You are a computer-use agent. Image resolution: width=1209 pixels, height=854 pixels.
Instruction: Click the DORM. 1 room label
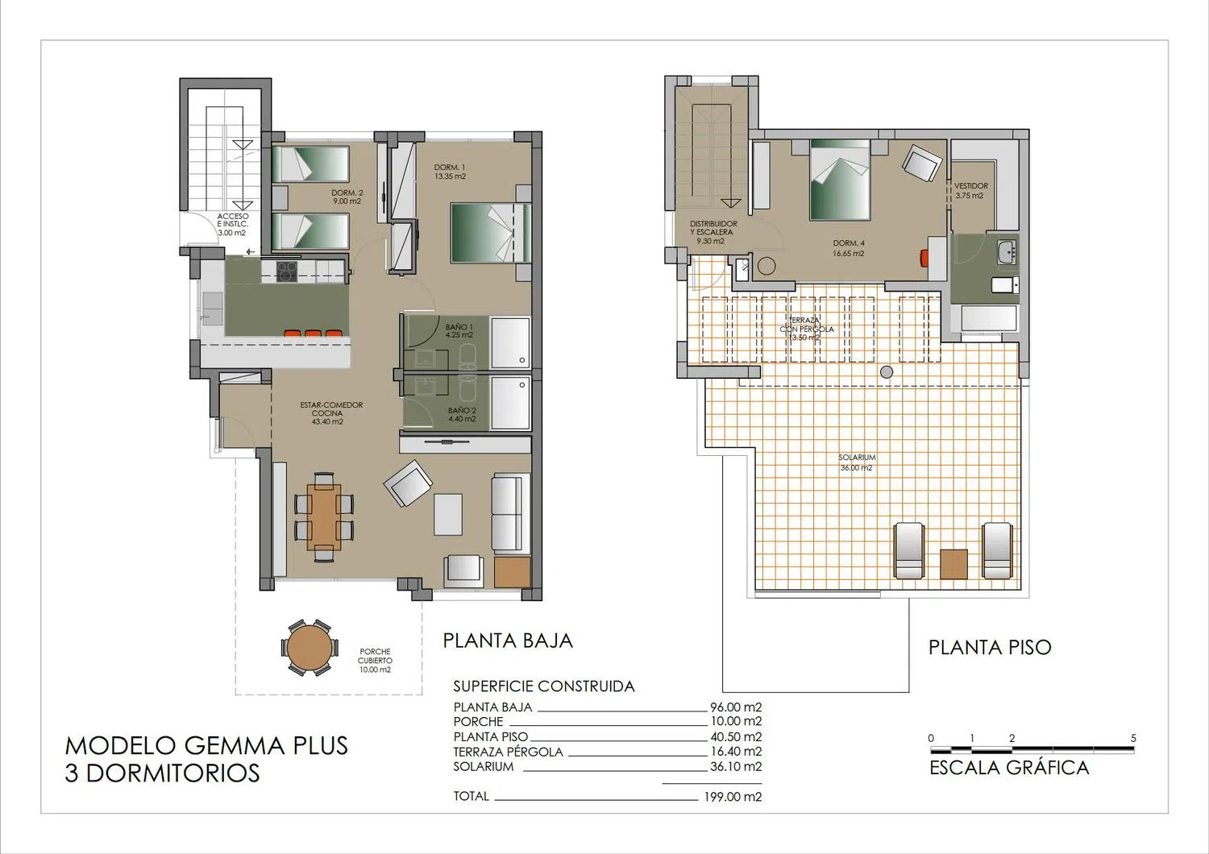point(450,172)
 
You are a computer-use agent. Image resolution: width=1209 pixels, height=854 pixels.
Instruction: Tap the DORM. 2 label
point(347,197)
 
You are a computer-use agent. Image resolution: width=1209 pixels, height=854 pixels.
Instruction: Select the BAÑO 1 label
point(459,330)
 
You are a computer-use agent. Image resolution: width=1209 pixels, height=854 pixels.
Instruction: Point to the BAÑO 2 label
point(462,414)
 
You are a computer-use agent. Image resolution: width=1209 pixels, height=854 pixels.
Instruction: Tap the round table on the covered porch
point(310,648)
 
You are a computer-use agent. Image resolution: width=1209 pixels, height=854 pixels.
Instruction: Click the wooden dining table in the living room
point(324,517)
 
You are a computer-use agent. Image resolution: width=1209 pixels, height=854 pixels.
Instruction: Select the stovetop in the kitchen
point(287,272)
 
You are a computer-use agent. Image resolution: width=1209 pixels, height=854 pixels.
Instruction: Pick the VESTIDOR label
point(970,190)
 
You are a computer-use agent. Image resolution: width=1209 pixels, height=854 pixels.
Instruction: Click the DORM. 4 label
point(849,248)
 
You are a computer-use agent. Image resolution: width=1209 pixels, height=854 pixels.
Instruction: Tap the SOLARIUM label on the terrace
point(857,462)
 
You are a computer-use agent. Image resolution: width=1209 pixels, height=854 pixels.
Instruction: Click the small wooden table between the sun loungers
point(953,564)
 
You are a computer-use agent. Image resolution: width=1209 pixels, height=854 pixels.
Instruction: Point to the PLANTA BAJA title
point(507,641)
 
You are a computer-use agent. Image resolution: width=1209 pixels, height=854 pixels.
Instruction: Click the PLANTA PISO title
point(990,648)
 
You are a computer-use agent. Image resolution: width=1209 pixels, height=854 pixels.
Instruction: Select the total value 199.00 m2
point(733,797)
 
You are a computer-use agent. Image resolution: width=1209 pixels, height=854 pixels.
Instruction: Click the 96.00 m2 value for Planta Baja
point(736,707)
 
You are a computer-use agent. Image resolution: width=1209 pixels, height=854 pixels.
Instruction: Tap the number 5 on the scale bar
point(1133,738)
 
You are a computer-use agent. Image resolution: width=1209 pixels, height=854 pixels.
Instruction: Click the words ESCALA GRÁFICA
point(1009,768)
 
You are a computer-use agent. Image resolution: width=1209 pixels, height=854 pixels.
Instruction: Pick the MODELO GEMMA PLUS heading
point(206,745)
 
